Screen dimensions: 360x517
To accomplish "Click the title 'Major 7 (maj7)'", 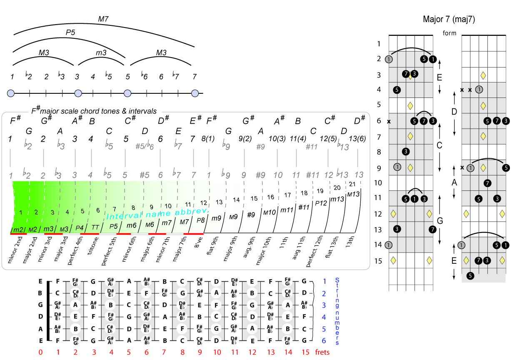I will [449, 19].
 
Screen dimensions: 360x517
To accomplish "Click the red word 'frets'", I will [322, 352].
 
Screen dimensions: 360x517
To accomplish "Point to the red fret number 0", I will [40, 352].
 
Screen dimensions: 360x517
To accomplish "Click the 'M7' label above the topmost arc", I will [103, 18].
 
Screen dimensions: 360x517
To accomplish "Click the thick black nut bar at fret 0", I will [49, 311].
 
